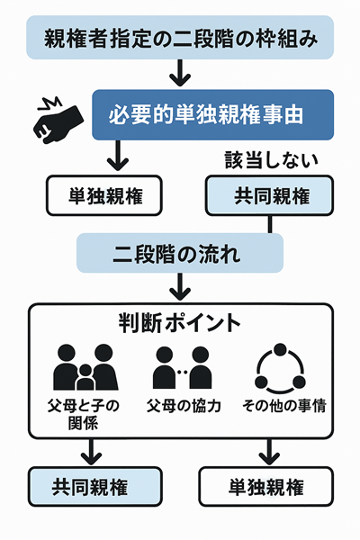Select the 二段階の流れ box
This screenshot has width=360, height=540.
pyautogui.click(x=180, y=252)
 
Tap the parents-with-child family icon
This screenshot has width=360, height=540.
pyautogui.click(x=86, y=365)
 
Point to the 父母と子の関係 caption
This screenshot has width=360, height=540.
pyautogui.click(x=86, y=414)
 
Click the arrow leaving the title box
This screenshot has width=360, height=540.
pyautogui.click(x=180, y=69)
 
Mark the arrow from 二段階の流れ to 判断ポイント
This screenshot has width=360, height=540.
pyautogui.click(x=180, y=285)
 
